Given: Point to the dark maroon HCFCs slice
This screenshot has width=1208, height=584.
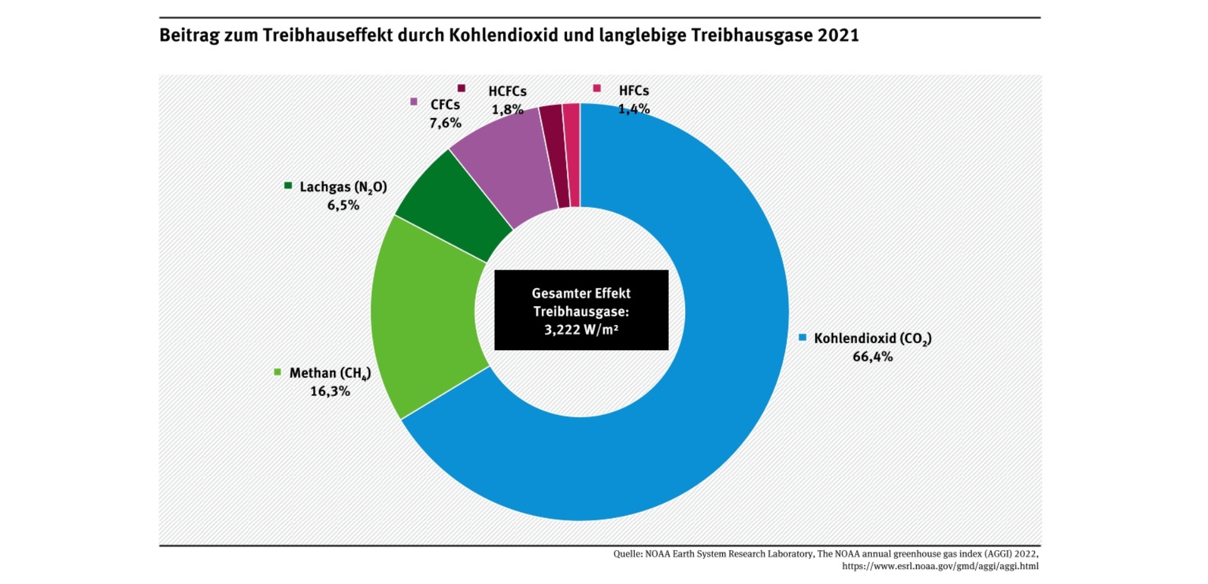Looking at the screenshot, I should (x=554, y=154).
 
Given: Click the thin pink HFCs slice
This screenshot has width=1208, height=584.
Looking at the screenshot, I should (x=571, y=154).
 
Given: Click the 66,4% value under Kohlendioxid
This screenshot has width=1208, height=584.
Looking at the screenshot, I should (x=872, y=356).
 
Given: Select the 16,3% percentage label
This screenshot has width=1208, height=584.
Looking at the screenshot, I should (x=330, y=391).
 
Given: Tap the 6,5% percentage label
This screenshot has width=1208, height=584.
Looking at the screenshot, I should (x=343, y=205).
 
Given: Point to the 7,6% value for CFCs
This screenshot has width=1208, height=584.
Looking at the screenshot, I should (x=445, y=123).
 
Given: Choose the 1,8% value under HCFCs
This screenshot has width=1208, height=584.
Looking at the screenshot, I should (x=507, y=109).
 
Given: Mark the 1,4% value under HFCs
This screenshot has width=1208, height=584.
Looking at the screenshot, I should (x=634, y=109).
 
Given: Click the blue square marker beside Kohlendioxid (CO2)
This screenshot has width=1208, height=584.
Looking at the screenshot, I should (x=802, y=338).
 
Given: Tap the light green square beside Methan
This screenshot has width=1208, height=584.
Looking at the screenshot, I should (x=277, y=372).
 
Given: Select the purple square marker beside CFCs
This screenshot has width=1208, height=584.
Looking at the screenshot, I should (x=413, y=102).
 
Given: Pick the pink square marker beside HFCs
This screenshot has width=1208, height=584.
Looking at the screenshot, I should (x=596, y=89).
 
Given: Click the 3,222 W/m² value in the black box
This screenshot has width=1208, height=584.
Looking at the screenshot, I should (x=581, y=329).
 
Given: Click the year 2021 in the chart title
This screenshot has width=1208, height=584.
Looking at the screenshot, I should (x=838, y=35).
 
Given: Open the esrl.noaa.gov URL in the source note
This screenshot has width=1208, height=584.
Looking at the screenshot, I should (x=940, y=566).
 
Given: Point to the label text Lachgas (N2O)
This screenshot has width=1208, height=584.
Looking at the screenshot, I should (x=343, y=187).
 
